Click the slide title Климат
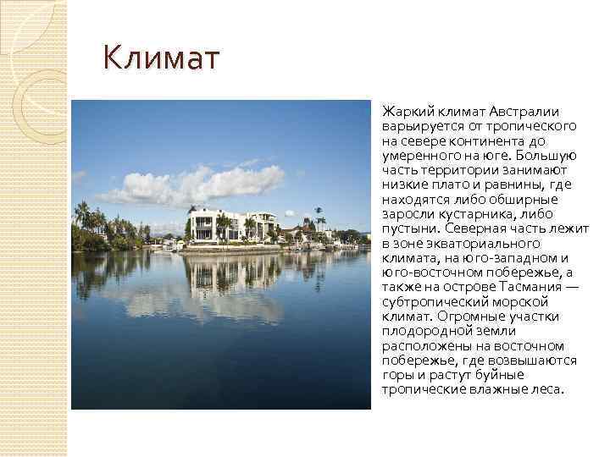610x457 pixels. point(161,61)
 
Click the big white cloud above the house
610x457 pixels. point(195,184)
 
